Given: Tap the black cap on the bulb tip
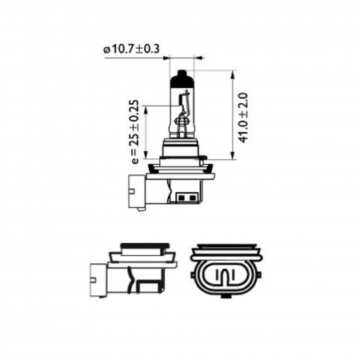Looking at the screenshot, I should [x=182, y=78].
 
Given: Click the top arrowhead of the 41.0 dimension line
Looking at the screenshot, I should [x=233, y=74].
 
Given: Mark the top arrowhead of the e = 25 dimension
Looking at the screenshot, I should [x=149, y=107].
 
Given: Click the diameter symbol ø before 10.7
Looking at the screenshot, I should [x=106, y=50].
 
